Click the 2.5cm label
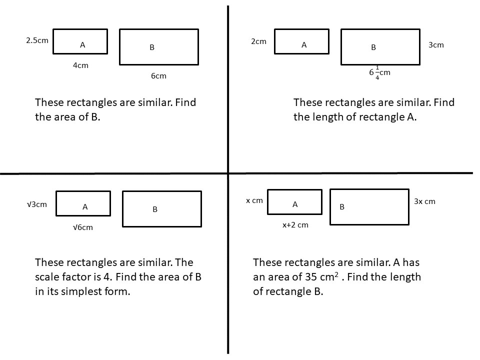pos(37,40)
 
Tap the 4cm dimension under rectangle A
pos(80,65)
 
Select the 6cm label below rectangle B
pos(158,76)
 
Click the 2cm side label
pos(258,41)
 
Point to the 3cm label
pos(436,45)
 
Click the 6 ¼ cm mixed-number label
pos(379,72)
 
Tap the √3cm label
pos(37,204)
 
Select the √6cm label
pos(82,227)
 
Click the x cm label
pos(254,200)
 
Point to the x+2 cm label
pos(295,225)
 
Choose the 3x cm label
pos(424,201)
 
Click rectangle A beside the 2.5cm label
pos(80,41)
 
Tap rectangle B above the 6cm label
pos(158,47)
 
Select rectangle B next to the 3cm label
pos(380,47)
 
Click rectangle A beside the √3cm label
pos(83,203)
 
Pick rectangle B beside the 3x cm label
pos(369,206)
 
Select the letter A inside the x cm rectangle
pos(295,204)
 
